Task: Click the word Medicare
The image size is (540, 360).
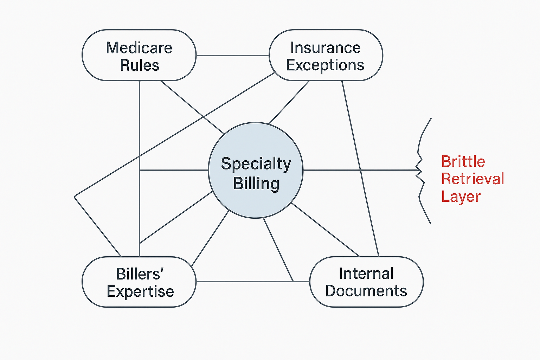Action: (x=139, y=48)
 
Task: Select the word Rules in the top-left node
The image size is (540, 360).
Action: (x=140, y=65)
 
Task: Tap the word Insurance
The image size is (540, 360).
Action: (x=325, y=48)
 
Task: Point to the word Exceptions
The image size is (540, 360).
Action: (x=325, y=65)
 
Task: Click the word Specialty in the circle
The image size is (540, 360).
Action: (x=256, y=164)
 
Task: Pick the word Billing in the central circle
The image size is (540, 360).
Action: (x=256, y=184)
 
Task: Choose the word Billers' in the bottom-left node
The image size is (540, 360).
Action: (x=140, y=274)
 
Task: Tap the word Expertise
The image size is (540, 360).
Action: (x=140, y=291)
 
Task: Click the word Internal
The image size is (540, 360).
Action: (x=366, y=274)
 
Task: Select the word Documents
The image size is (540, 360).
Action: (x=366, y=291)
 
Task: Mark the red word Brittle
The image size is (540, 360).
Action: (x=463, y=162)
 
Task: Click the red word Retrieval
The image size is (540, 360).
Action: (x=472, y=179)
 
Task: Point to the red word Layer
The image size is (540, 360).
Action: (x=461, y=197)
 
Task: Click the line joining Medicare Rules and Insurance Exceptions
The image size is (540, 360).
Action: (x=232, y=56)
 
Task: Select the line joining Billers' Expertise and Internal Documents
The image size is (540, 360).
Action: (x=246, y=281)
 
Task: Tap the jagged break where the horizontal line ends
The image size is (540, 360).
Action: (x=419, y=171)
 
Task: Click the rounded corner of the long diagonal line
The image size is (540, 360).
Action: (x=75, y=197)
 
